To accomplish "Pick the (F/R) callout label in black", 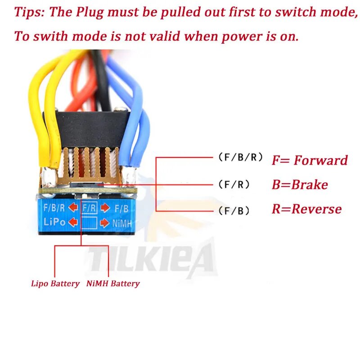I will coord(234,184).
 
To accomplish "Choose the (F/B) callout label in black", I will coord(234,211).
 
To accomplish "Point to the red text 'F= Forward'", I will coord(310,160).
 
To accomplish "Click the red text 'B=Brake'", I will coord(300,184).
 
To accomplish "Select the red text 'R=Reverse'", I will coord(306,209).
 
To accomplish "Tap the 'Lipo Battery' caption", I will coord(55,283).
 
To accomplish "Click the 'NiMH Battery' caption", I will coord(112,283).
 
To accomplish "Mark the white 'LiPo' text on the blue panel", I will coord(54,222).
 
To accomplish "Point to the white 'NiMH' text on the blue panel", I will coord(121,222).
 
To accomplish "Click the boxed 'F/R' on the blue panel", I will coord(89,208).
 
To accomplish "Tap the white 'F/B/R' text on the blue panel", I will coord(54,208).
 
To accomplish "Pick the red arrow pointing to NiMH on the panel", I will coord(104,222).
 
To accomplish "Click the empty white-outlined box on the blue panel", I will coord(89,222).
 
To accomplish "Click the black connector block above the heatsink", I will coord(85,127).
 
